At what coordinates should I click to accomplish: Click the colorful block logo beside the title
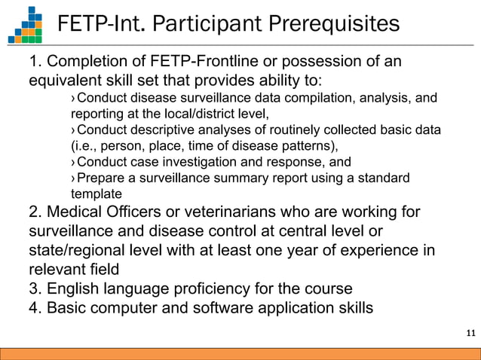pos(25,24)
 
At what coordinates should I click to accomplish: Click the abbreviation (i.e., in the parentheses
pos(84,146)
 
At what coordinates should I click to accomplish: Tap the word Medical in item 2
pos(73,211)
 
